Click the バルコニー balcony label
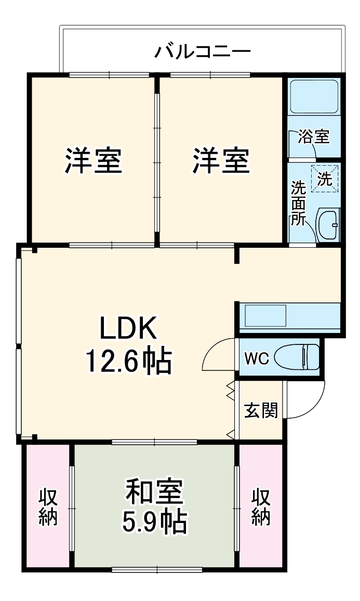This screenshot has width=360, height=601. (203, 52)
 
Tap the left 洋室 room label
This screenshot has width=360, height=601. (94, 161)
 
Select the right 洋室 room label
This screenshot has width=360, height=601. (222, 161)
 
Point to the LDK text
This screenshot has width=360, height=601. (128, 328)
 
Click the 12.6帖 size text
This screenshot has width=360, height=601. (128, 361)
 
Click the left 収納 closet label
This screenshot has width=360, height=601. (48, 507)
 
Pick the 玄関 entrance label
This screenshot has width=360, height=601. (261, 410)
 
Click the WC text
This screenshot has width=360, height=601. (256, 358)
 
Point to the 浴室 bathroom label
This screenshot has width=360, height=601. (314, 137)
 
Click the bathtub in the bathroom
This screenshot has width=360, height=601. (314, 97)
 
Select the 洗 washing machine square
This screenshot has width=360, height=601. (325, 179)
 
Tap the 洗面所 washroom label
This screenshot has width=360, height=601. (298, 203)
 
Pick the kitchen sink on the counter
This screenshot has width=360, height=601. (265, 316)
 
